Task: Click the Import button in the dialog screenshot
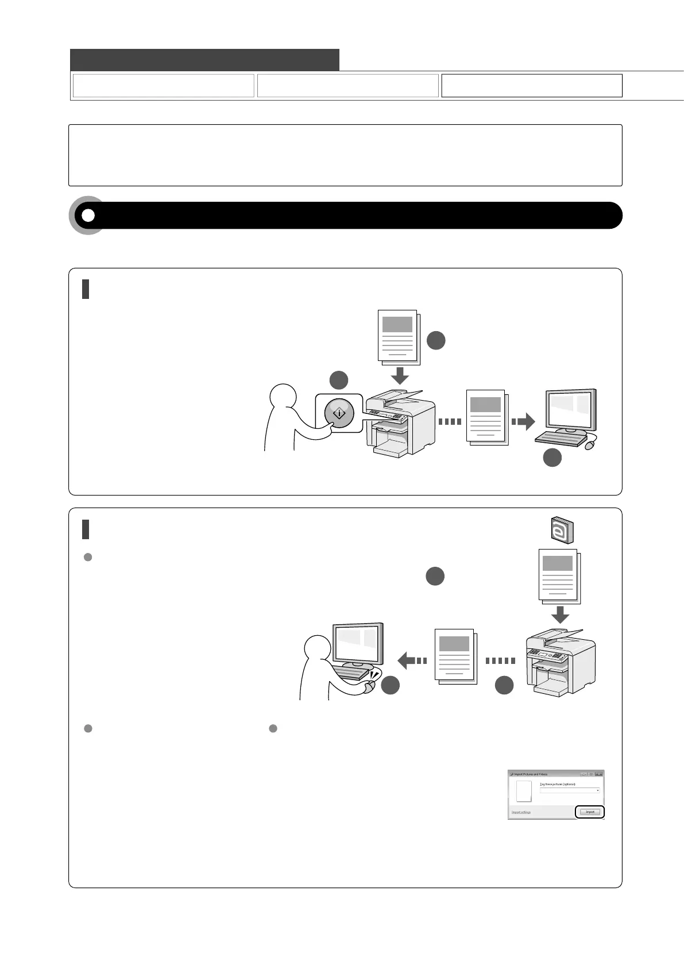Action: point(590,812)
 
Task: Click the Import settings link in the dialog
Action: point(521,812)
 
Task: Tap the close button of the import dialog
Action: point(599,774)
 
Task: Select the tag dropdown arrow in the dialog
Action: point(597,790)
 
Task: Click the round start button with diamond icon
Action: point(339,413)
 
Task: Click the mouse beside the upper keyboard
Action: point(589,445)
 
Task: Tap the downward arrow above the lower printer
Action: point(560,614)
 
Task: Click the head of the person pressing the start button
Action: point(283,398)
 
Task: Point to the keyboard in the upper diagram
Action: point(560,439)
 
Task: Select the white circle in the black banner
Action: point(88,216)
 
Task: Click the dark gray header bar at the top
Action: point(204,60)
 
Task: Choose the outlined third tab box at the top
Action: point(531,86)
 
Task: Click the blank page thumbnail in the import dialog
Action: point(523,791)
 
